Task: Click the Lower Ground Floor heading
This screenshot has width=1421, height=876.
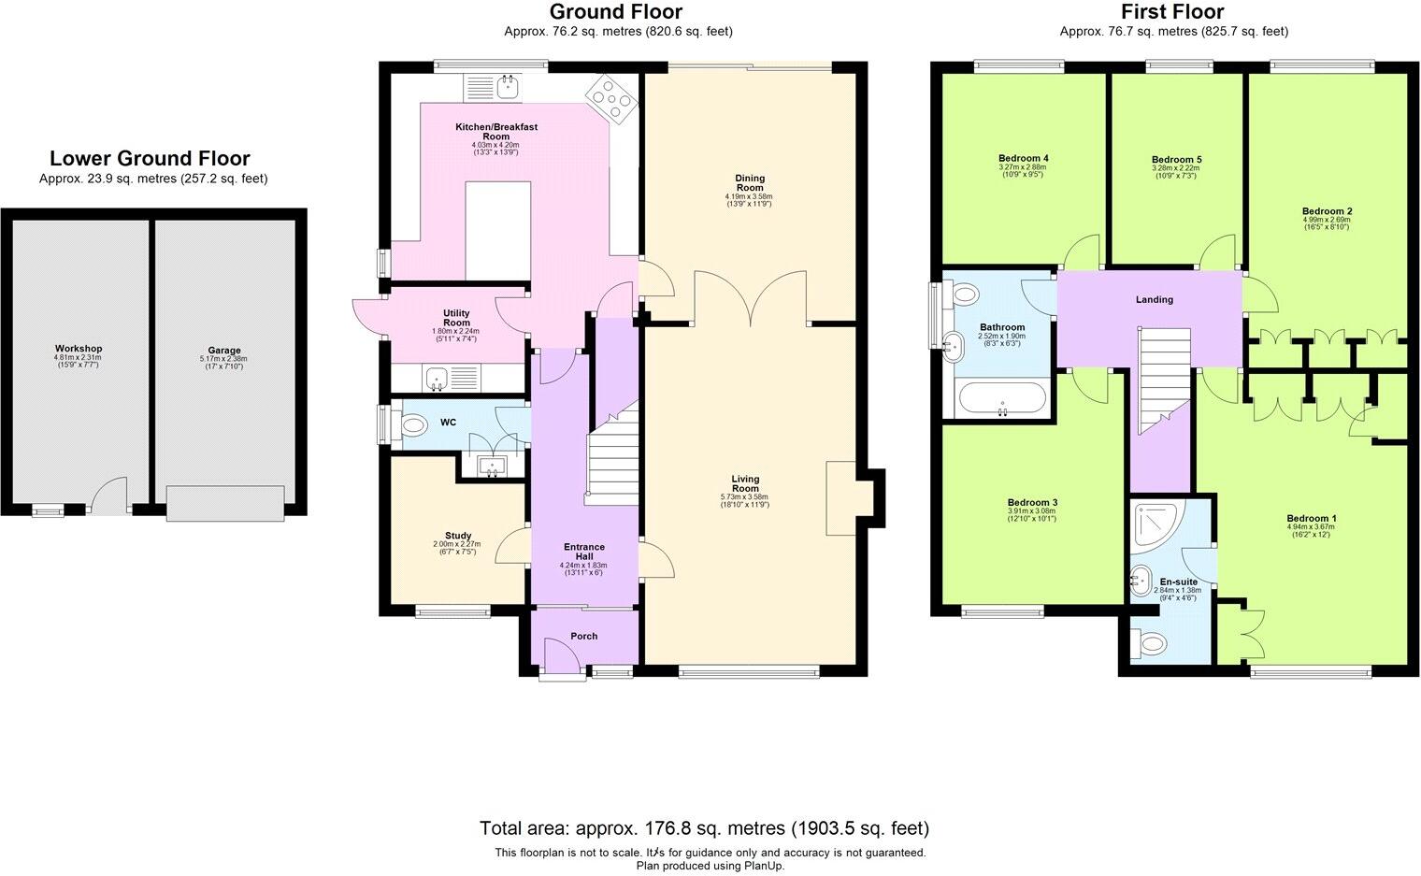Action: pyautogui.click(x=150, y=158)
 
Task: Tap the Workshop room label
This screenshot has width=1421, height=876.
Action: pyautogui.click(x=78, y=349)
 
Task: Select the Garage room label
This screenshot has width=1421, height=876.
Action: pyautogui.click(x=224, y=351)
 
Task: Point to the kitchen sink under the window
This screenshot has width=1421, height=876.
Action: pyautogui.click(x=508, y=88)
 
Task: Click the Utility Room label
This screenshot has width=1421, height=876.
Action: pyautogui.click(x=456, y=318)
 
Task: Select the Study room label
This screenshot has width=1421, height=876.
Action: pyautogui.click(x=458, y=536)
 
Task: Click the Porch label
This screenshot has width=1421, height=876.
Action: pyautogui.click(x=583, y=637)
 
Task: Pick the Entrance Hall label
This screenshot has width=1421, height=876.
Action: pyautogui.click(x=583, y=552)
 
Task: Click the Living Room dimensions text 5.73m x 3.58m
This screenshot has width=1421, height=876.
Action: pyautogui.click(x=744, y=496)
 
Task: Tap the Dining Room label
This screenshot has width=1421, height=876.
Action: pyautogui.click(x=749, y=182)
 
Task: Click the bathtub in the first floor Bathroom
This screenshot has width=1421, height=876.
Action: pyautogui.click(x=1001, y=398)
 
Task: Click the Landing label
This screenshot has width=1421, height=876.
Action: pyautogui.click(x=1154, y=299)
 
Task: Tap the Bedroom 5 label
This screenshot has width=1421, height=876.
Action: pyautogui.click(x=1176, y=160)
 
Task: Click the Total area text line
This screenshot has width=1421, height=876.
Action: pyautogui.click(x=704, y=828)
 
